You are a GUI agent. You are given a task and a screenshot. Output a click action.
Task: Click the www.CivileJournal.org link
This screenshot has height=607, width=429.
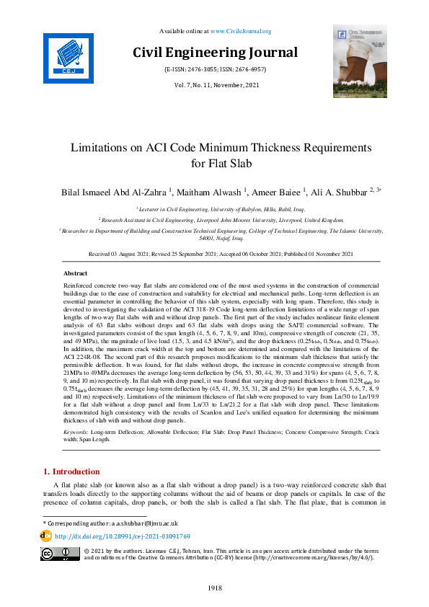(x=240, y=31)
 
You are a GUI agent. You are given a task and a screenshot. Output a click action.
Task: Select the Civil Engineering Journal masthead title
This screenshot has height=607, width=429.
(x=215, y=53)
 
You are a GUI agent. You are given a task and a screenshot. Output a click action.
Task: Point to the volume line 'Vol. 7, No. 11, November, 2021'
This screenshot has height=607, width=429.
(x=215, y=85)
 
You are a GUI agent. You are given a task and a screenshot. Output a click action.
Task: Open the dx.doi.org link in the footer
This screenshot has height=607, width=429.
(x=123, y=536)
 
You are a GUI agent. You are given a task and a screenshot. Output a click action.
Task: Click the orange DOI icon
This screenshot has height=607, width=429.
(x=46, y=536)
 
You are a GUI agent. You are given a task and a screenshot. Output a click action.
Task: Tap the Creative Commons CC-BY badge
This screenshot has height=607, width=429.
(x=60, y=554)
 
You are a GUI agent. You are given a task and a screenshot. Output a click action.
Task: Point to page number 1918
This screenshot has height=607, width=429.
(x=214, y=588)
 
